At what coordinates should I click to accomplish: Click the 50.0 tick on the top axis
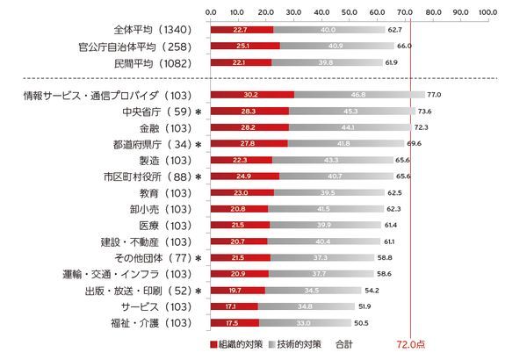point(350,11)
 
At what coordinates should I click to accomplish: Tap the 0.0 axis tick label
point(211,11)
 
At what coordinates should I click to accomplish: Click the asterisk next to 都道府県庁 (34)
point(199,144)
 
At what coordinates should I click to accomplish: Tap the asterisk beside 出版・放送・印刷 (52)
point(199,290)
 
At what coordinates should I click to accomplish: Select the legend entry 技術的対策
point(294,345)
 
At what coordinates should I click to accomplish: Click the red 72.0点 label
point(411,345)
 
